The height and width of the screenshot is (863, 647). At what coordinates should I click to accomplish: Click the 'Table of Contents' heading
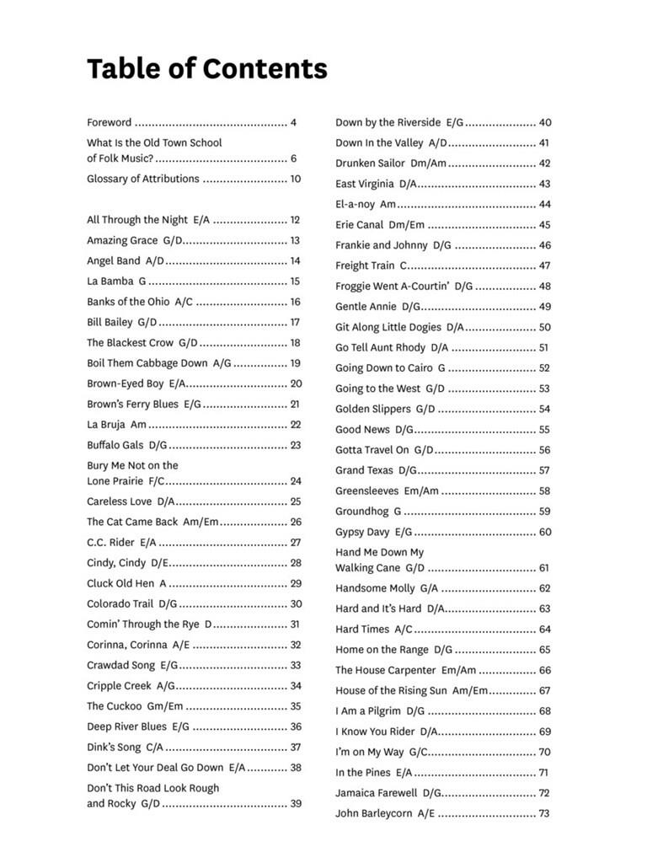206,68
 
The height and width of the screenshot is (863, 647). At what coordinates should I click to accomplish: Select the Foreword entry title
109,122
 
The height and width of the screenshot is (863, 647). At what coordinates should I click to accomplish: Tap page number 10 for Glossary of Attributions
295,179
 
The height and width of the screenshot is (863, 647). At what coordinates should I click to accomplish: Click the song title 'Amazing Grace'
122,240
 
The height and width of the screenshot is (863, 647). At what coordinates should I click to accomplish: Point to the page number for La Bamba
295,281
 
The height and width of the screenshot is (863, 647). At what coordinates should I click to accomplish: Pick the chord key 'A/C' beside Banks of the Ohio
184,302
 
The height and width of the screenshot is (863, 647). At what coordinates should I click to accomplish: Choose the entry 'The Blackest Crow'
130,343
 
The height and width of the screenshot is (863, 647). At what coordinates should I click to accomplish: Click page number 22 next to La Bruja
295,425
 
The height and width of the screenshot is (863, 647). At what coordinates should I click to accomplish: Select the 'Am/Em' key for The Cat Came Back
201,522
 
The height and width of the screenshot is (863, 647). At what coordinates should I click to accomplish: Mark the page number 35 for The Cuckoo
295,706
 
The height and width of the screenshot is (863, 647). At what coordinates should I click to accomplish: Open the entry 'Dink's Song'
114,747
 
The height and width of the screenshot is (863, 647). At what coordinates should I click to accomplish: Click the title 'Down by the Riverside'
388,122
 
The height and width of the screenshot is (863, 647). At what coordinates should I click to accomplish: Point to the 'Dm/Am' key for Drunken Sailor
428,163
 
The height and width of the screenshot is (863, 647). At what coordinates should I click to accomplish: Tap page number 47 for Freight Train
544,265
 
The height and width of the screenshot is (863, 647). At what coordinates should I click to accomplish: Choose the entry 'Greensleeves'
367,490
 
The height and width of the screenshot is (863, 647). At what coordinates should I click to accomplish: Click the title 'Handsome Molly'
375,588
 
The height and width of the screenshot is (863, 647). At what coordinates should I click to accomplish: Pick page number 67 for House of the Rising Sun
544,690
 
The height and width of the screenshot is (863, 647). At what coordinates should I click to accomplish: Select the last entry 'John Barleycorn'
374,813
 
